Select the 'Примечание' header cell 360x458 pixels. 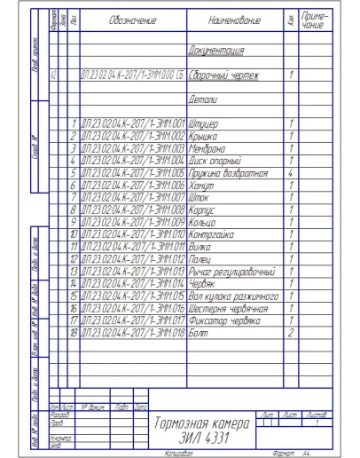click(312, 19)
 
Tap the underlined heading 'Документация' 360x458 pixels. click(217, 51)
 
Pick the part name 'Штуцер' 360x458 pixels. click(207, 122)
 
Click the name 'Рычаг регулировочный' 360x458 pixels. click(232, 271)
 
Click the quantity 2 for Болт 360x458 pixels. click(291, 332)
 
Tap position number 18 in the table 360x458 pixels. click(74, 332)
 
